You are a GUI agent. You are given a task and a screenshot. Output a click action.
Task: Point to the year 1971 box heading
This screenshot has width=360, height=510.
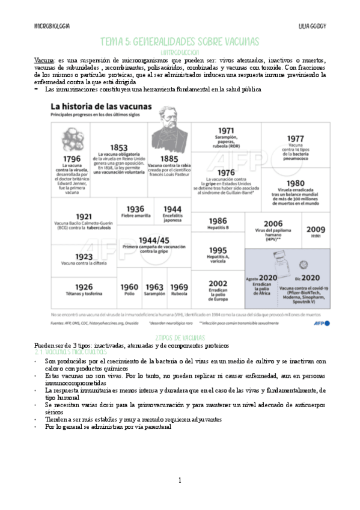(x=226, y=131)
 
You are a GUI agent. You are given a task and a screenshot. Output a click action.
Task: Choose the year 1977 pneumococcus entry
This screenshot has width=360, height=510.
(x=295, y=138)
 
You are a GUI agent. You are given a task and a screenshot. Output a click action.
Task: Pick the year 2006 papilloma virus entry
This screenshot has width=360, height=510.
(x=273, y=223)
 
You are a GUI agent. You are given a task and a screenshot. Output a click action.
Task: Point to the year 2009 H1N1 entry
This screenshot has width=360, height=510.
(x=316, y=230)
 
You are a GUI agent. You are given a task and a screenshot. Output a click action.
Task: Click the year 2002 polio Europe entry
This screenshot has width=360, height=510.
(x=218, y=283)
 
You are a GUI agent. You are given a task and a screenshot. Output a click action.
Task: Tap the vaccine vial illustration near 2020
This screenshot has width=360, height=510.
(x=278, y=260)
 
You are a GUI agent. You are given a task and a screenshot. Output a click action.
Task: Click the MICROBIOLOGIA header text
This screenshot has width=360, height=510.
(x=52, y=28)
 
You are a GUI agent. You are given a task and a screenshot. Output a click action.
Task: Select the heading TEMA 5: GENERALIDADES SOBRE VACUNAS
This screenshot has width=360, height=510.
(x=180, y=41)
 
